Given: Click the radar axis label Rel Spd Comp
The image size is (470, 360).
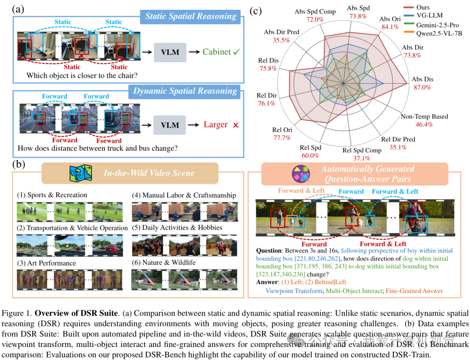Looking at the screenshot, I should (x=362, y=150).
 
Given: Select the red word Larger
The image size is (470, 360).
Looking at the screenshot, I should (x=215, y=124).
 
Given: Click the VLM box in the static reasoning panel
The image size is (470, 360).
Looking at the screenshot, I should (x=170, y=52).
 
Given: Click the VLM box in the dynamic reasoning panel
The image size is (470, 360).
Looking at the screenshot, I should (x=170, y=125).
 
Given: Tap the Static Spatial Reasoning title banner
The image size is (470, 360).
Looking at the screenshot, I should (x=191, y=17).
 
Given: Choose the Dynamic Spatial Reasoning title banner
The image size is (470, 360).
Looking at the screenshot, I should (x=185, y=91).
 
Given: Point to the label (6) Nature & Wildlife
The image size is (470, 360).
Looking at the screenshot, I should (x=164, y=262).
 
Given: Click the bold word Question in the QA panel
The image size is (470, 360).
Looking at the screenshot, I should (x=269, y=251).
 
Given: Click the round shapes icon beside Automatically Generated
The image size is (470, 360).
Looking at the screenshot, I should (x=301, y=173).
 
